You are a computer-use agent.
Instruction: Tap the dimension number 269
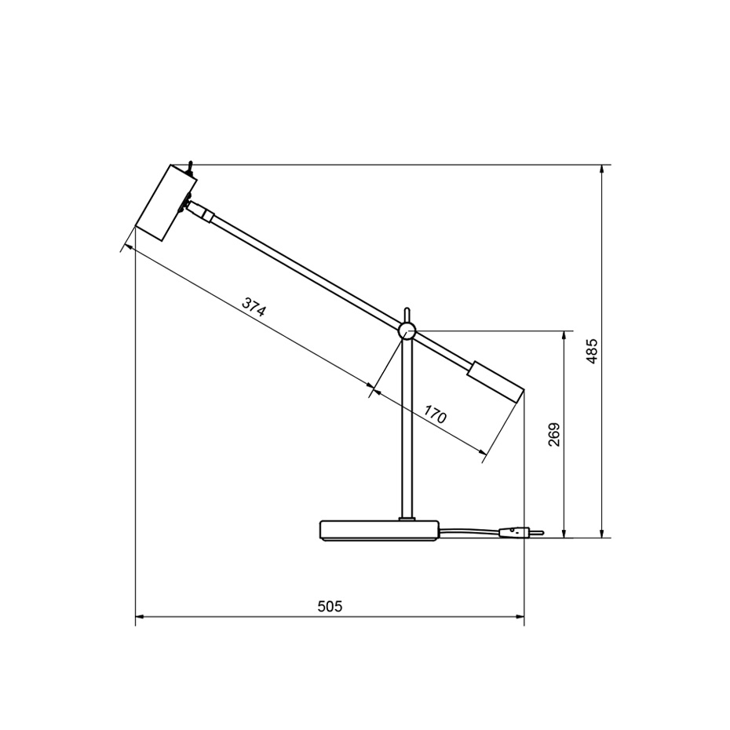(554, 434)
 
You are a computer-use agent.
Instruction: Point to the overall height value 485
(593, 351)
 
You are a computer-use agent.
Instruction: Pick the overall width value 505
(330, 606)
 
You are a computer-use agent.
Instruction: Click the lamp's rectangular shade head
(164, 202)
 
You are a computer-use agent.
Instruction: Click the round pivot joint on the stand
(407, 331)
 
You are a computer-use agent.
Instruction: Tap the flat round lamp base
(379, 531)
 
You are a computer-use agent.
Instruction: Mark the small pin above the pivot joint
(407, 314)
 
